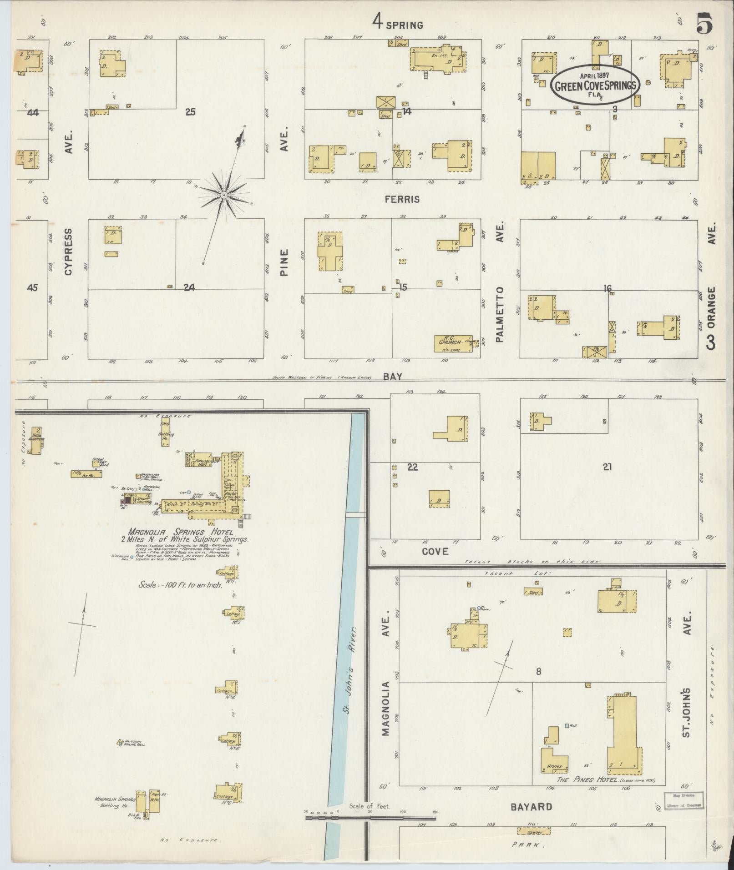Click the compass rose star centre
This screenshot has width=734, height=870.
(224, 195)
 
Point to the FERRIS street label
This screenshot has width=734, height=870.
(401, 199)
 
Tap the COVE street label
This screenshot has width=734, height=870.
(435, 551)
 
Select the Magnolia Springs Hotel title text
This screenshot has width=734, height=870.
(181, 532)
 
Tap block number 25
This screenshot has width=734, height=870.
(190, 111)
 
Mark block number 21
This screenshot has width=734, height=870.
(607, 466)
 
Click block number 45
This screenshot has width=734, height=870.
(32, 287)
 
